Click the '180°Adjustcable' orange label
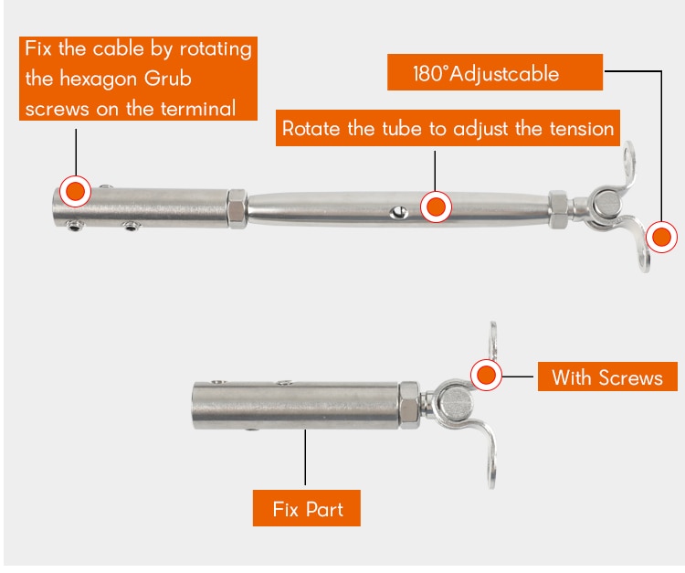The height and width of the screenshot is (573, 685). click(494, 72)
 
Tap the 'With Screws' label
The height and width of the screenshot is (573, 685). click(607, 377)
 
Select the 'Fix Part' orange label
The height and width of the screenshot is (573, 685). click(307, 508)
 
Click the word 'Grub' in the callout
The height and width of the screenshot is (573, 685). click(168, 79)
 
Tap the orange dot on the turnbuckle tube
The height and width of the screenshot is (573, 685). click(436, 207)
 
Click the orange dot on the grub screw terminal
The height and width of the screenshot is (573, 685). click(75, 191)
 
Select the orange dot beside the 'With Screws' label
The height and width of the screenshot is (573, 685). click(486, 375)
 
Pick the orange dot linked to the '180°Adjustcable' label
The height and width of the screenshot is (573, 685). click(662, 238)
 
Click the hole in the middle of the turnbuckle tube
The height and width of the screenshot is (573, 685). click(398, 213)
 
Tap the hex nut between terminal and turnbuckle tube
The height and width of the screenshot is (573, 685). click(237, 209)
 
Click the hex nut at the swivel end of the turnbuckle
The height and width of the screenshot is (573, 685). click(558, 209)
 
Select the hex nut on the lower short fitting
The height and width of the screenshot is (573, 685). click(410, 404)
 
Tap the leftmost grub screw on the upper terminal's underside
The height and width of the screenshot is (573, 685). click(74, 226)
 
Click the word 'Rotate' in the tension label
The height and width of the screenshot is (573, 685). click(311, 129)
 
